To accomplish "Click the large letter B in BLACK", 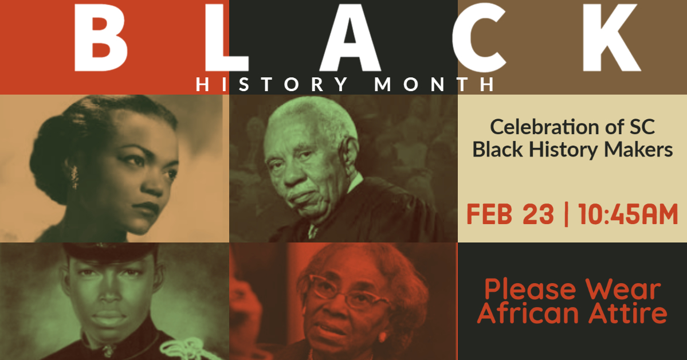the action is [101, 38].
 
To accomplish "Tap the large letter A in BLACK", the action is [350, 38].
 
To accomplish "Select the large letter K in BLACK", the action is [611, 38].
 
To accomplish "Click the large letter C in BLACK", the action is [480, 38].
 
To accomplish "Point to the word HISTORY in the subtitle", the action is [272, 84].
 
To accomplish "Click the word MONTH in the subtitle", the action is [435, 84].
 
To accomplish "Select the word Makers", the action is [638, 150].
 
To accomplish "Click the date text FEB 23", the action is [510, 214].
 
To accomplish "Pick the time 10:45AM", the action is [629, 214].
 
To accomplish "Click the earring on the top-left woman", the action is [74, 177].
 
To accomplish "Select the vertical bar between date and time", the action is [567, 214].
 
